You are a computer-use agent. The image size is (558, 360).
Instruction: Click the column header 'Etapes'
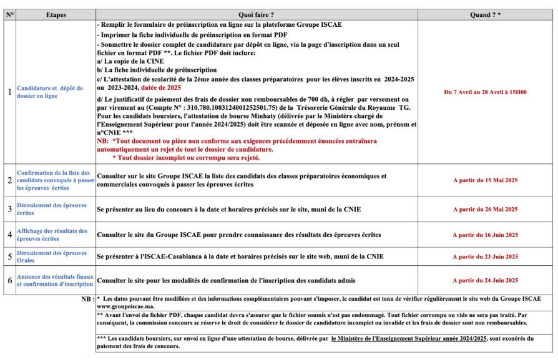pos(56,14)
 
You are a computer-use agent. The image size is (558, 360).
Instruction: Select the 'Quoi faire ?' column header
pos(256,14)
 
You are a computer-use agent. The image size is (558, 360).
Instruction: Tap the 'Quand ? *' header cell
pos(485,14)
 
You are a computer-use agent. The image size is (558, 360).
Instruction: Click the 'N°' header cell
pos(9,14)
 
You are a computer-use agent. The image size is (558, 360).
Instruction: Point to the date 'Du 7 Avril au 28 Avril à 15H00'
pos(485,92)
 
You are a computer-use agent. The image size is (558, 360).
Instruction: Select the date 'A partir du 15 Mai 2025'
pos(485,180)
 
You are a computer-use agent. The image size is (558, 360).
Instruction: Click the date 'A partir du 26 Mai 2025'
pos(485,209)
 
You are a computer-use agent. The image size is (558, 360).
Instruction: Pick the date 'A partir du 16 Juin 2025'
pos(485,235)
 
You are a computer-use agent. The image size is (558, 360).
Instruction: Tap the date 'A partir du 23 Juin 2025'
pos(485,256)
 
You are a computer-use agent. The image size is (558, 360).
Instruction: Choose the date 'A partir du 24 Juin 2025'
pos(485,281)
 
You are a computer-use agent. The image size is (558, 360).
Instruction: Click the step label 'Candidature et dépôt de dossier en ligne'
pos(49,92)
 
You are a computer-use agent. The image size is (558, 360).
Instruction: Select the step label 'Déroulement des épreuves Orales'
pos(52,256)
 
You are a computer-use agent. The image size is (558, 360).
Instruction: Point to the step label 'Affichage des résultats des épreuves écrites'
pos(52,235)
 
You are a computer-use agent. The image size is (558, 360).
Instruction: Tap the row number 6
pos(9,281)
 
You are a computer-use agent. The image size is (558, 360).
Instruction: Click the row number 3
pos(9,209)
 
